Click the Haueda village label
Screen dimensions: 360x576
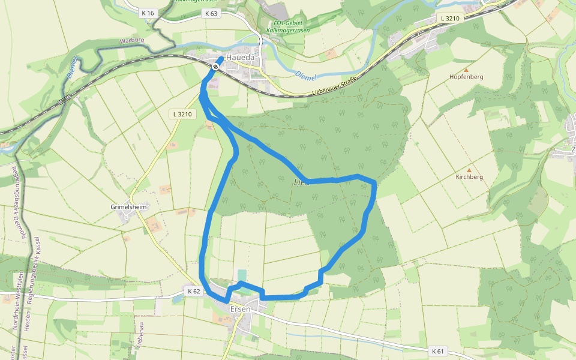[x=241, y=58]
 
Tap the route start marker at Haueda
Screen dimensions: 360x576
[x=215, y=67]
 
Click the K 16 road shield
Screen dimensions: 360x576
[x=148, y=13]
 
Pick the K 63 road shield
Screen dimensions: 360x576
[x=211, y=13]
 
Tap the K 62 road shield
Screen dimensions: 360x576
[x=193, y=291]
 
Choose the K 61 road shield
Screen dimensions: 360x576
[x=439, y=350]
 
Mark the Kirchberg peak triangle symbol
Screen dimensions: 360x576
[x=469, y=170]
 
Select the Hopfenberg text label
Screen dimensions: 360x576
[x=466, y=77]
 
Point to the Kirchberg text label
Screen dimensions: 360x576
[x=469, y=177]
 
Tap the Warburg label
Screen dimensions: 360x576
[x=133, y=41]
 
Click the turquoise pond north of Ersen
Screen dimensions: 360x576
[x=242, y=275]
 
